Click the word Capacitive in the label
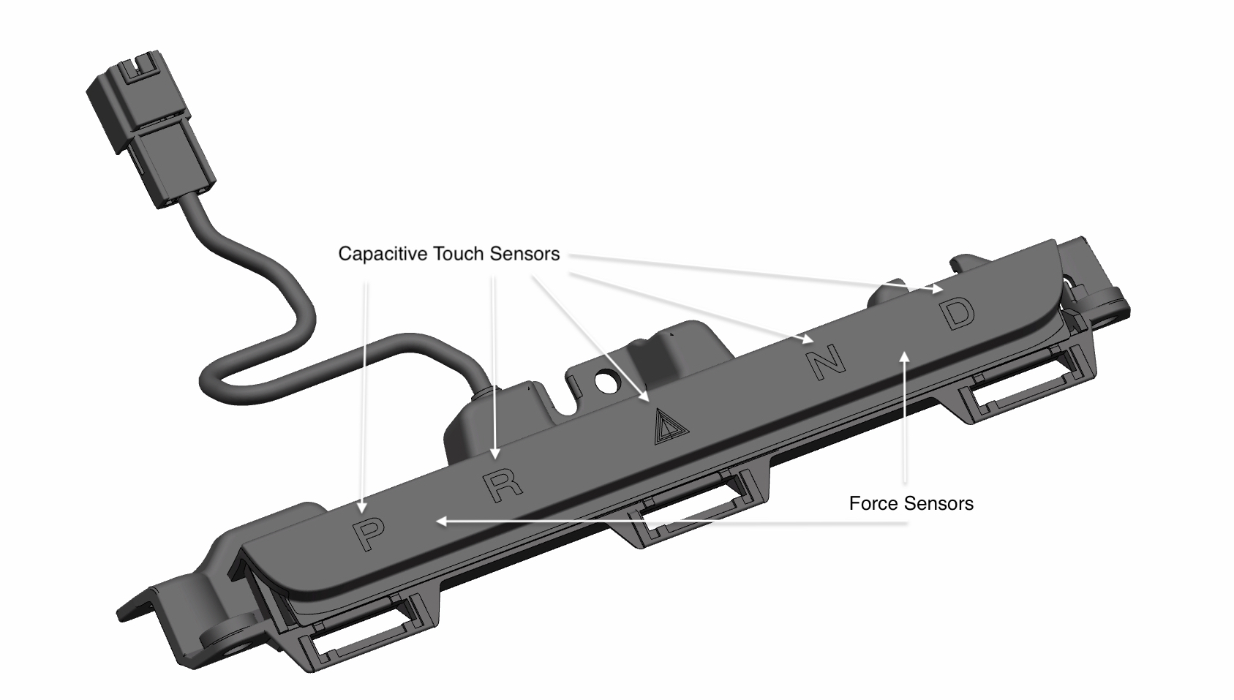[x=382, y=254]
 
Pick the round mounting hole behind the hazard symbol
[x=605, y=380]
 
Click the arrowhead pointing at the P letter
[x=362, y=507]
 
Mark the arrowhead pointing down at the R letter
[x=494, y=452]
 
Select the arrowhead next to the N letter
[x=806, y=339]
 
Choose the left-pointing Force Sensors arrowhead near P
[x=440, y=522]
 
